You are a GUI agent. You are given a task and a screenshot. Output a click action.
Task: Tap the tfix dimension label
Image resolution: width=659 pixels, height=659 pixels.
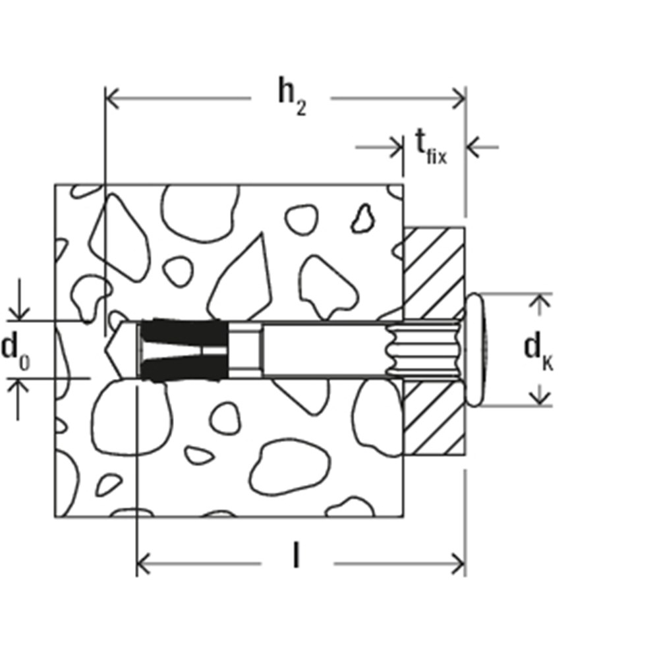point(431,147)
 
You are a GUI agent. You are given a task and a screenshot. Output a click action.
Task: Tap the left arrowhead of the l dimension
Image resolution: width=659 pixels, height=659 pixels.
point(144,563)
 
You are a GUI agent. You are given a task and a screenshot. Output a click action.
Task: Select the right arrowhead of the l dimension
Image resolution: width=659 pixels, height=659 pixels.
point(458,563)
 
